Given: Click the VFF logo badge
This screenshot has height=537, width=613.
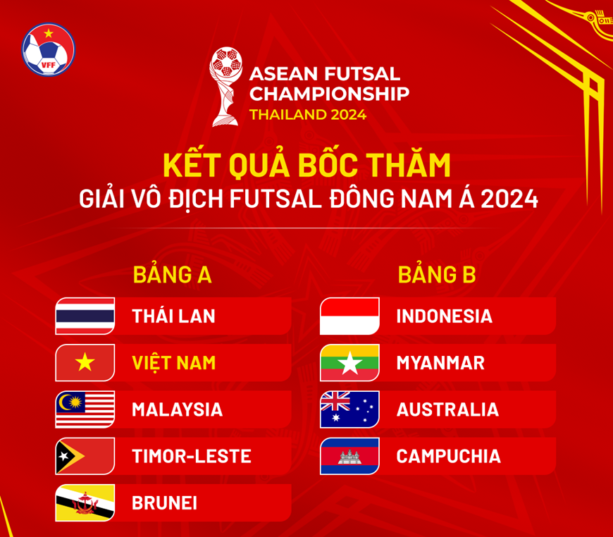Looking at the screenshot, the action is [49, 49].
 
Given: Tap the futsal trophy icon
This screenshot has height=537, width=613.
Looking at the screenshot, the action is [226, 87].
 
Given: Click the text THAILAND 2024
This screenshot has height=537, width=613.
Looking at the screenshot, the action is [308, 115].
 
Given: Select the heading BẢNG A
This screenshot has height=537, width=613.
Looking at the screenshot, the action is [172, 275].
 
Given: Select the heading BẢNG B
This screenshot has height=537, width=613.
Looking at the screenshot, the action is [437, 275].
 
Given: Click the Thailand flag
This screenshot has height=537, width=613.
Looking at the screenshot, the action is [85, 316].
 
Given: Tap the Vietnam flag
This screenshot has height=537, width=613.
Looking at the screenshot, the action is [85, 362].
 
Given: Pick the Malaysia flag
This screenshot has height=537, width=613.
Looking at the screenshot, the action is [85, 409].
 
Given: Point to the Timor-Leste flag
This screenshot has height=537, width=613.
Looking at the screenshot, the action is [85, 456].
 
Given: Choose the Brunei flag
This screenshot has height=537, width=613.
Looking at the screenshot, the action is [85, 502].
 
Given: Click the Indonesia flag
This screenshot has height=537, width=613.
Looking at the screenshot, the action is [349, 316].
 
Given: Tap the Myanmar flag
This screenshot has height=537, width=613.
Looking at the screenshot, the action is [349, 362].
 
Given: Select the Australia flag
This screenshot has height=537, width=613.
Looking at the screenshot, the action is [349, 409].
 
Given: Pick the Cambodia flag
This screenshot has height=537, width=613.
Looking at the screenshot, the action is [349, 456].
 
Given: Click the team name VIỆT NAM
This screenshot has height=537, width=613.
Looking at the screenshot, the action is [173, 362].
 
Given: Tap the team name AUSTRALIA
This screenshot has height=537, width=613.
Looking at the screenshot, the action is [447, 410].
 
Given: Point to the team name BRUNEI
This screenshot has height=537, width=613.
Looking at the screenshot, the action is [165, 503].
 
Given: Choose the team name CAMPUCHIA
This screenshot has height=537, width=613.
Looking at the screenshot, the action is [448, 457].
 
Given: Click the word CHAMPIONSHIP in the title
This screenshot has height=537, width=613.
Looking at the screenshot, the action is [329, 94].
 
